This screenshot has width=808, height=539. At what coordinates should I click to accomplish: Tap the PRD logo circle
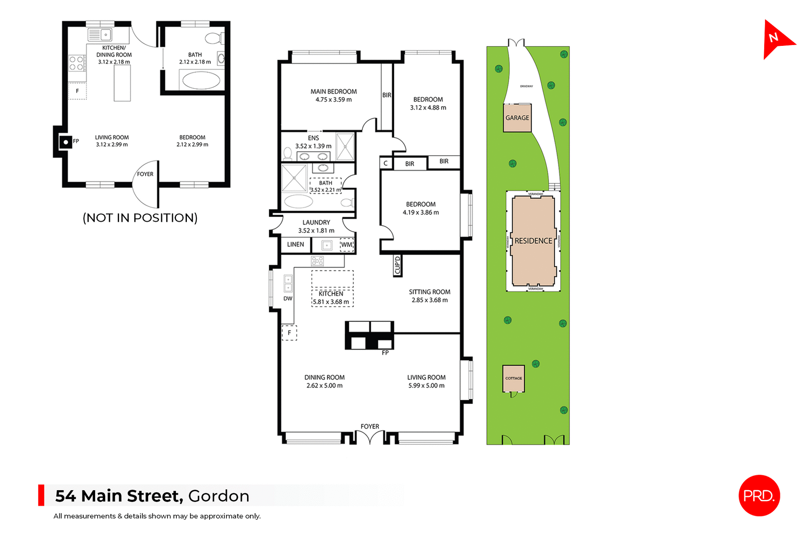[759, 495]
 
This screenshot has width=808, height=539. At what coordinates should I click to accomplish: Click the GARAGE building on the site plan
[517, 118]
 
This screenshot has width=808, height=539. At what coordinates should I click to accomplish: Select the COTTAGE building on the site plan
[513, 378]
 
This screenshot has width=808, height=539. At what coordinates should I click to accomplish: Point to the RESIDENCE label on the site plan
[533, 241]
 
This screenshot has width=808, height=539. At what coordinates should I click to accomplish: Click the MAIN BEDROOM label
[333, 91]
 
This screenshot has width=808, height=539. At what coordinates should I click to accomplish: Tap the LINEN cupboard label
[295, 244]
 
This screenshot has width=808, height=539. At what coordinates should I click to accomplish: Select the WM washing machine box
[347, 244]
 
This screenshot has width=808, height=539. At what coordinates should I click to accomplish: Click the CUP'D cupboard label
[397, 266]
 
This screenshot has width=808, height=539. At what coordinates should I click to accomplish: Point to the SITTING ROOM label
[429, 292]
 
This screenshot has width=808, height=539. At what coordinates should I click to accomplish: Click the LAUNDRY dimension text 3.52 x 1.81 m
[316, 231]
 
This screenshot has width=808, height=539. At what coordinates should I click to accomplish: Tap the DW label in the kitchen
[288, 298]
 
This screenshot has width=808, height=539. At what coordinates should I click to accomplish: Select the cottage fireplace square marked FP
[66, 142]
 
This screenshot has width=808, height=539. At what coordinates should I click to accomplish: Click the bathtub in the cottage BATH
[201, 80]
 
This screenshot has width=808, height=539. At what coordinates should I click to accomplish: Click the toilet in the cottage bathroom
[214, 39]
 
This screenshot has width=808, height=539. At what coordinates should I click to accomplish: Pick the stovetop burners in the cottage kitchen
[77, 64]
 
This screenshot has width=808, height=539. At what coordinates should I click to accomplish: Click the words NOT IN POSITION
[140, 218]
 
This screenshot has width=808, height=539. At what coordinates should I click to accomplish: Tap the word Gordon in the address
[218, 496]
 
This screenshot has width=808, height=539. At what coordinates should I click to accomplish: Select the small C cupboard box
[385, 163]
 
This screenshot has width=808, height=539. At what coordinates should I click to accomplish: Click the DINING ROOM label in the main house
[324, 377]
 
